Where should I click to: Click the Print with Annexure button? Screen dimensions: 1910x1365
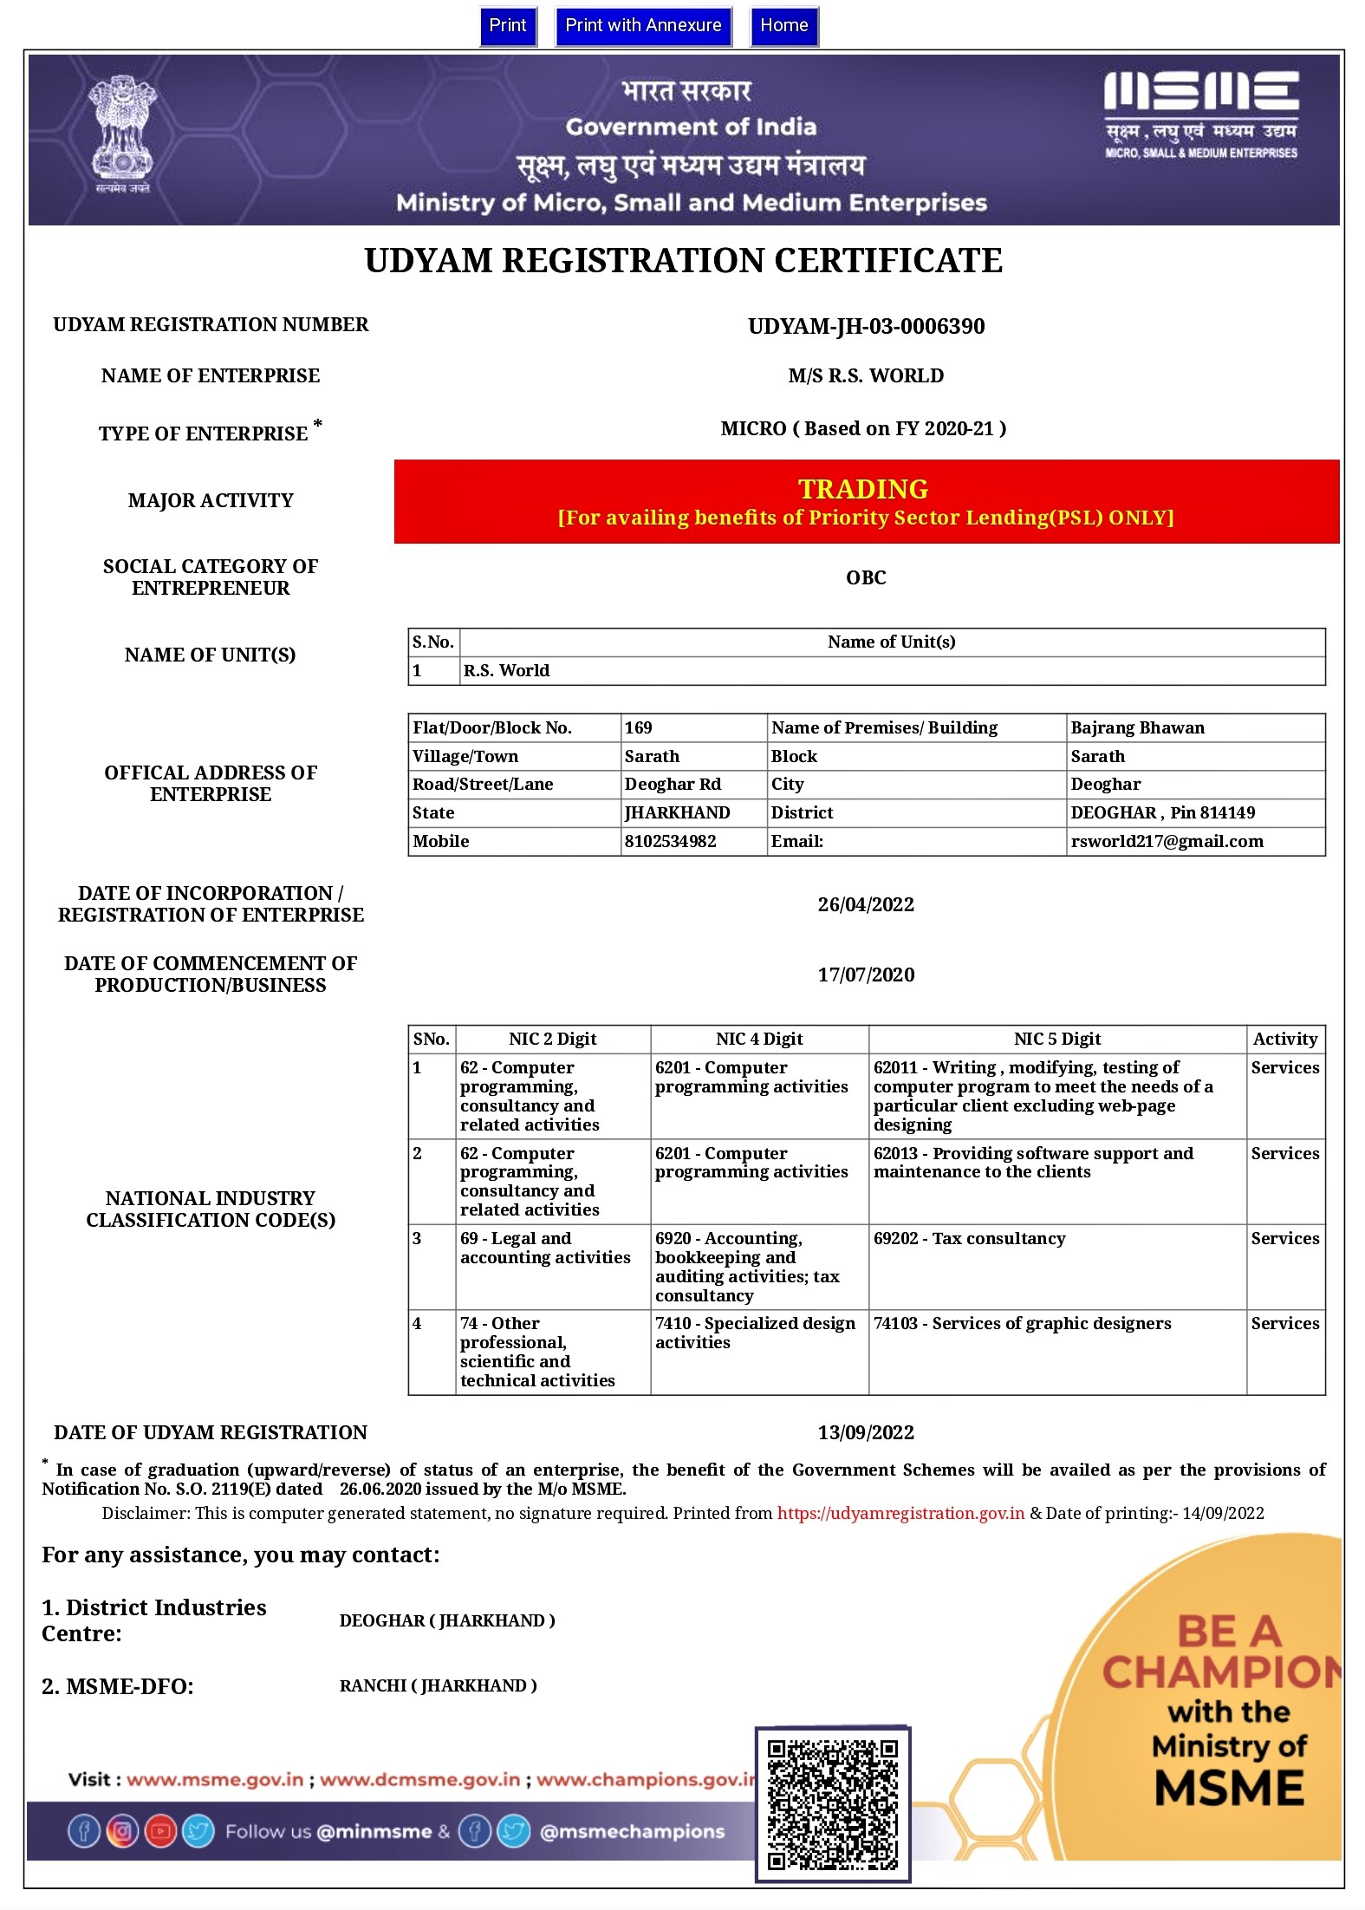[643, 26]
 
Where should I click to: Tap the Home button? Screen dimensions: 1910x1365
[783, 26]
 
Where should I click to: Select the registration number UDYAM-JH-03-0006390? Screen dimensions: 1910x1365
[866, 327]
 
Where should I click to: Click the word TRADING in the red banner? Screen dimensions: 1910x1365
[863, 489]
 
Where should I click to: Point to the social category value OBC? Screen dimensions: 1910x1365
[866, 577]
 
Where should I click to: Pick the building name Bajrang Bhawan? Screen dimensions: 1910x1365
[1137, 727]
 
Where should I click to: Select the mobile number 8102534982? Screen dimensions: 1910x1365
[670, 841]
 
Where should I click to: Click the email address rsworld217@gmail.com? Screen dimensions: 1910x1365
[1167, 841]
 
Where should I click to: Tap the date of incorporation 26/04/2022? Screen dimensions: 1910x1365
[866, 904]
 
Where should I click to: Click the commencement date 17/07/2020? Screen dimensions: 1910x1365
[866, 975]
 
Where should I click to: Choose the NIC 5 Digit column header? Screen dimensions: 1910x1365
[1056, 1039]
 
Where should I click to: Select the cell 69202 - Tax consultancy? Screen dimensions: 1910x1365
[969, 1238]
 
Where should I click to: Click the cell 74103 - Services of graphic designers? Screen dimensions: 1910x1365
[1022, 1323]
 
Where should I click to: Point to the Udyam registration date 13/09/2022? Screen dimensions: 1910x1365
[866, 1432]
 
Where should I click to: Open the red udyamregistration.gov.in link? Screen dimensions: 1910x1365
[900, 1513]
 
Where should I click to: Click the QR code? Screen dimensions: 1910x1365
[832, 1804]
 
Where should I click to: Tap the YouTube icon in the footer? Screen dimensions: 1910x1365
[160, 1831]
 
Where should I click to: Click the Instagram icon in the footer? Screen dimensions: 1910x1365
[122, 1831]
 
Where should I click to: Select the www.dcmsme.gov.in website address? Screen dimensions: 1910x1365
[420, 1780]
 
